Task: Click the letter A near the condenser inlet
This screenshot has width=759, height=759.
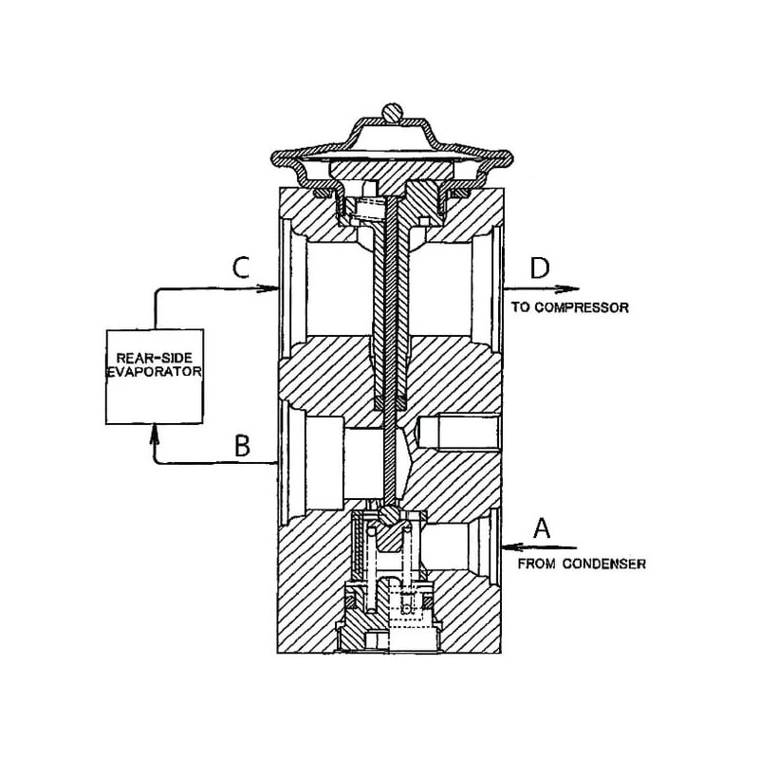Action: [x=543, y=527]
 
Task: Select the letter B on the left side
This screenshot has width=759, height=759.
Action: [x=242, y=445]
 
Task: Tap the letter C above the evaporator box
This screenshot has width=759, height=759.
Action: [x=242, y=268]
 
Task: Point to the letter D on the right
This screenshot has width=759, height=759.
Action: [x=539, y=268]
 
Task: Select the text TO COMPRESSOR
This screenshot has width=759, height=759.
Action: [x=569, y=308]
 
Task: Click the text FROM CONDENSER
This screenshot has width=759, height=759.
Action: [x=582, y=564]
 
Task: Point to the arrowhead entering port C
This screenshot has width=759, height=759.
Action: [x=269, y=288]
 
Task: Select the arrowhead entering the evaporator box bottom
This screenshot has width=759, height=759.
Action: [x=154, y=434]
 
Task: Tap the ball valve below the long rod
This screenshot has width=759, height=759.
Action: [x=390, y=513]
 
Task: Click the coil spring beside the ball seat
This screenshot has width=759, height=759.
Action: [x=361, y=555]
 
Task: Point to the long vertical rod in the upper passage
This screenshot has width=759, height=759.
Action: [x=390, y=304]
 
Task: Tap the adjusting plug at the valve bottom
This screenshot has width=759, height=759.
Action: [x=390, y=631]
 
